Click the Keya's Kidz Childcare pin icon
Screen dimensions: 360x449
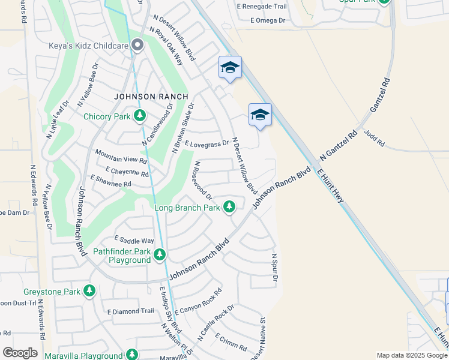coord(137,45)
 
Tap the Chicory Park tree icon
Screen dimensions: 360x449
coord(140,116)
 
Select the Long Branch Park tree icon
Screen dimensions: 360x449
coord(229,208)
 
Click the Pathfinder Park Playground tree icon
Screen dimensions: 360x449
coord(159,255)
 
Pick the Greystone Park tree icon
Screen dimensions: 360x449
coord(89,292)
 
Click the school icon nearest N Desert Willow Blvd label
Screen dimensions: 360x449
coord(230,68)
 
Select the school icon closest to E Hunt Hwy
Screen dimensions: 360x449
coord(260,115)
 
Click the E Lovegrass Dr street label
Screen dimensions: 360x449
coord(207,144)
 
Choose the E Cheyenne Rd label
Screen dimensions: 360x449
coord(127,173)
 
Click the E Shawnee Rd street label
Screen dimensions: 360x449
coord(110,180)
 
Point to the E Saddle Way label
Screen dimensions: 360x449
coord(130,241)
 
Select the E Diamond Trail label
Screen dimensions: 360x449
coord(131,311)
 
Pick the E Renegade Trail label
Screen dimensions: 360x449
coord(262,6)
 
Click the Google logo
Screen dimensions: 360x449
coord(19,353)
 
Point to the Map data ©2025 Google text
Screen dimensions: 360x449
coord(412,355)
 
